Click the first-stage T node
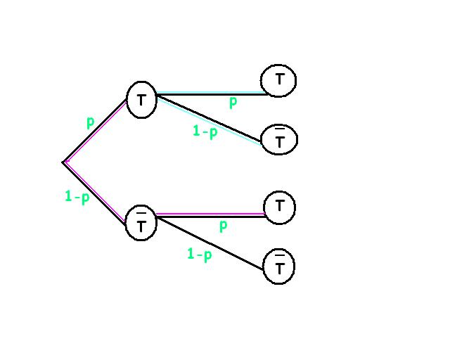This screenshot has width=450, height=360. click(x=141, y=101)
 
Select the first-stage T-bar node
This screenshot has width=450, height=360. click(x=141, y=223)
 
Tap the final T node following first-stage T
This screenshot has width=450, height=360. click(x=278, y=80)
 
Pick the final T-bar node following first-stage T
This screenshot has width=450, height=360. click(x=279, y=139)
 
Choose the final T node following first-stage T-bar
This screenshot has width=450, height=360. click(x=280, y=207)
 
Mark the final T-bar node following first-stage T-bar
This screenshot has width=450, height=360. click(x=279, y=266)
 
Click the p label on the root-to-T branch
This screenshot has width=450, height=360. click(x=90, y=122)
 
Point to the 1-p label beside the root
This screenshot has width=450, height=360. click(x=77, y=197)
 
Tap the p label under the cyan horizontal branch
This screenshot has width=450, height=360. click(x=233, y=103)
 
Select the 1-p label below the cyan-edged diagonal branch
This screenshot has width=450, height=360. click(x=205, y=131)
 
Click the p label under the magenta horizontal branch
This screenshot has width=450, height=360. click(x=223, y=226)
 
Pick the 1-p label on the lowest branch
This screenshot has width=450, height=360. click(x=199, y=254)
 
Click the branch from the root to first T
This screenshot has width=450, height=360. click(x=96, y=131)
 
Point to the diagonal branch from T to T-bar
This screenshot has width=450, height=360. click(x=211, y=118)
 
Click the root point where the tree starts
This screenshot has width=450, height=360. click(x=63, y=162)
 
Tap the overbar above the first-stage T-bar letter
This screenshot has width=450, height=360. click(x=141, y=212)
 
